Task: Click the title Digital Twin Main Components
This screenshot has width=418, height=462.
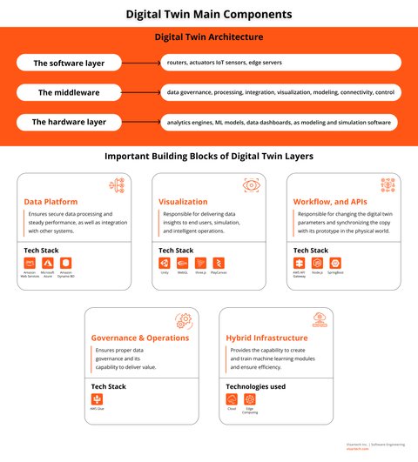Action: pos(209,14)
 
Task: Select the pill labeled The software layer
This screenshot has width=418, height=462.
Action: pos(70,64)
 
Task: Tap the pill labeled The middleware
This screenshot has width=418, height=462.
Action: pos(70,92)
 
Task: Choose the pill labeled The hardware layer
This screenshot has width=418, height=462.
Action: pos(70,122)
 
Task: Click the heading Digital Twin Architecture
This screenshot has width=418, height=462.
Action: pos(209,37)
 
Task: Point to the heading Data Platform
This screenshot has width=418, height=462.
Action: pos(51,202)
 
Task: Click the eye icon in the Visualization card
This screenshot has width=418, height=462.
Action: pos(252,185)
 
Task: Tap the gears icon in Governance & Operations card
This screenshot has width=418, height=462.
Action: pos(184,320)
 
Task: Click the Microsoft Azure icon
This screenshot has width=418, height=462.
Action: pos(47,263)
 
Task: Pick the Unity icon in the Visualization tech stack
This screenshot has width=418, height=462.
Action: pos(164,263)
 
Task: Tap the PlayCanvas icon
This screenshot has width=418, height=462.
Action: pos(219,263)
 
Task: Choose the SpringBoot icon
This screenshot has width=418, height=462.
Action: pos(335,263)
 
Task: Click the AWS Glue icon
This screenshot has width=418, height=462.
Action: pos(96,398)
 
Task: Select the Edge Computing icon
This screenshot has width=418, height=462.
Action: pos(249,398)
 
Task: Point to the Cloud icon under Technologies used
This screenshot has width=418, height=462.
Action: pos(231,398)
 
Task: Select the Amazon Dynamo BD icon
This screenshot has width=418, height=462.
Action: pos(66,263)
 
